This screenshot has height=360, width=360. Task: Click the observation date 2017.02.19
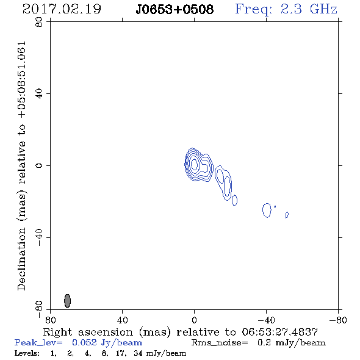[x=62, y=9]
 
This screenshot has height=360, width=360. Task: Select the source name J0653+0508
[x=175, y=10]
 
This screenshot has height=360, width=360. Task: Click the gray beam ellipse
[x=67, y=301]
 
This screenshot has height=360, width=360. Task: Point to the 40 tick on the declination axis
[x=39, y=94]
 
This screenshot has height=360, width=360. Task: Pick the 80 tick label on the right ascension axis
[x=50, y=320]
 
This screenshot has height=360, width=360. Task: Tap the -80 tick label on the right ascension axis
[x=338, y=320]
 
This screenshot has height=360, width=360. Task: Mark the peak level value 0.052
[x=84, y=342]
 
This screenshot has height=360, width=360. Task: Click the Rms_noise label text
[x=220, y=343]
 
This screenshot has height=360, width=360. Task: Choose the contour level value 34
[x=138, y=353]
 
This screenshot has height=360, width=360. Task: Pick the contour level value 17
[x=121, y=353]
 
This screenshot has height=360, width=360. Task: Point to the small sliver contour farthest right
[x=287, y=215]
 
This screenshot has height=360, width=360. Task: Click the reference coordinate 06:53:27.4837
[x=279, y=332]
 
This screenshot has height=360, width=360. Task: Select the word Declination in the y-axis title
[x=21, y=259]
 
